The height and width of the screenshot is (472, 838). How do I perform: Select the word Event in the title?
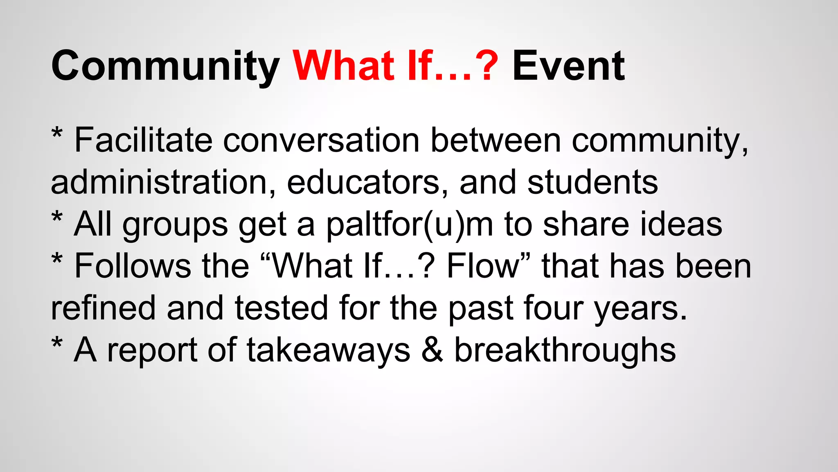(x=568, y=66)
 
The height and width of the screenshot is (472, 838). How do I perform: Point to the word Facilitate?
(x=143, y=140)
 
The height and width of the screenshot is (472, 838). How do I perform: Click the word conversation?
(x=321, y=140)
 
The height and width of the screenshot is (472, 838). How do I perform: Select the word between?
(x=496, y=140)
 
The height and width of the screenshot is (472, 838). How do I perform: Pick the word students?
(x=592, y=182)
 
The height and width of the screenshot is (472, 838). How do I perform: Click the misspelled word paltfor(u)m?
(x=409, y=225)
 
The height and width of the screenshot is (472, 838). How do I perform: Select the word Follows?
(x=133, y=266)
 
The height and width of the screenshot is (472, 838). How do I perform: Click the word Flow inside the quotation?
(x=483, y=266)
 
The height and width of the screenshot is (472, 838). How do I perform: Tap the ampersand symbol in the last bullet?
(x=432, y=350)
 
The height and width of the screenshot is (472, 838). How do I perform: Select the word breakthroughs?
(x=565, y=351)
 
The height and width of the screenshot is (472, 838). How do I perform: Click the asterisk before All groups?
(x=57, y=217)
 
